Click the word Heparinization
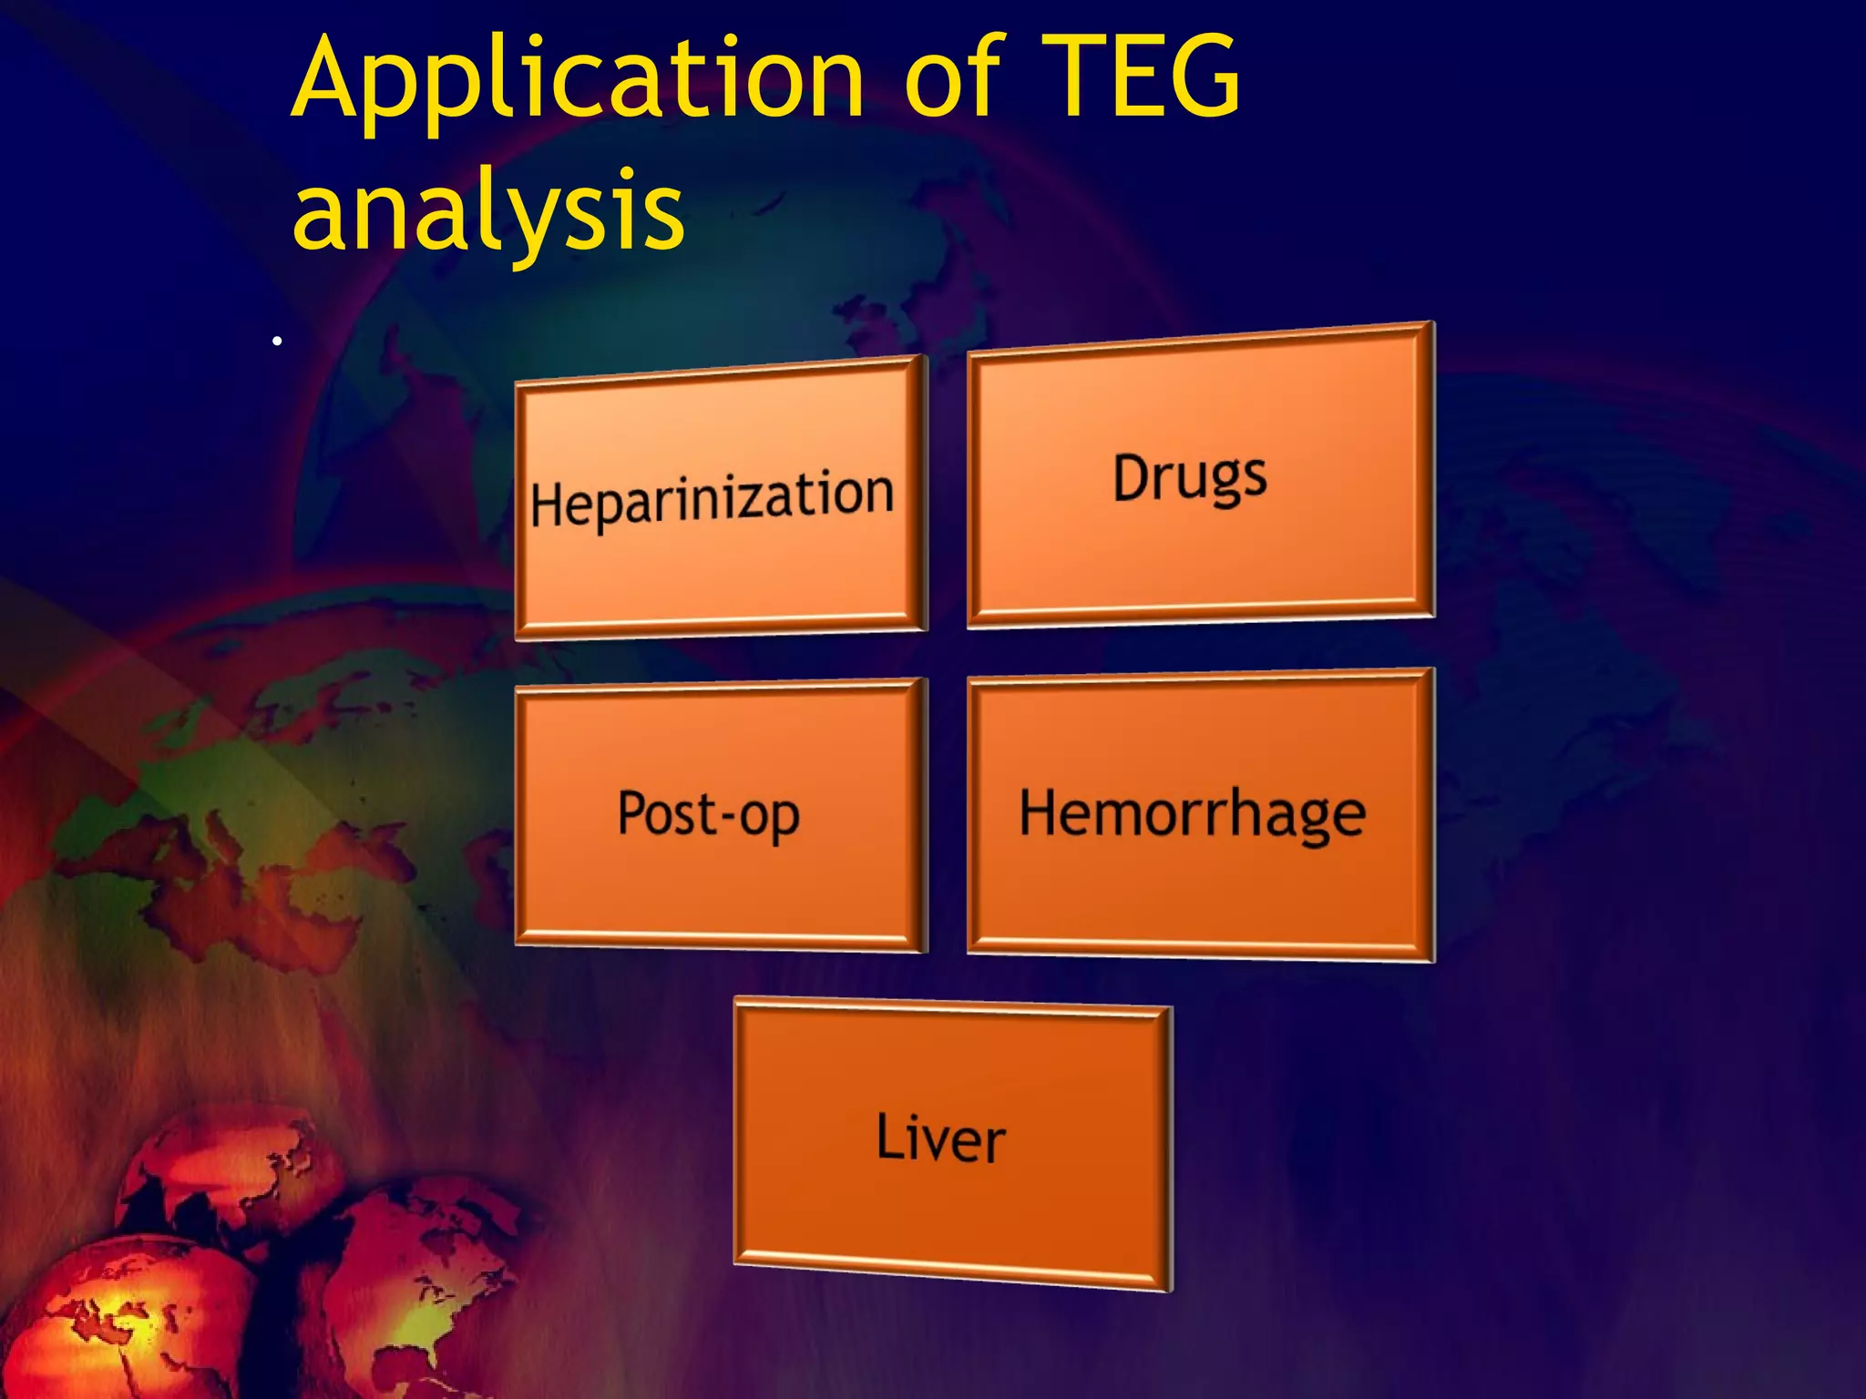click(712, 498)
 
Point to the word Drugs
click(1189, 477)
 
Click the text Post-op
click(708, 813)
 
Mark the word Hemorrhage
click(1192, 813)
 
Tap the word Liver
click(940, 1138)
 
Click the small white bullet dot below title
click(277, 342)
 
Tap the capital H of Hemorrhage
click(1041, 811)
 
